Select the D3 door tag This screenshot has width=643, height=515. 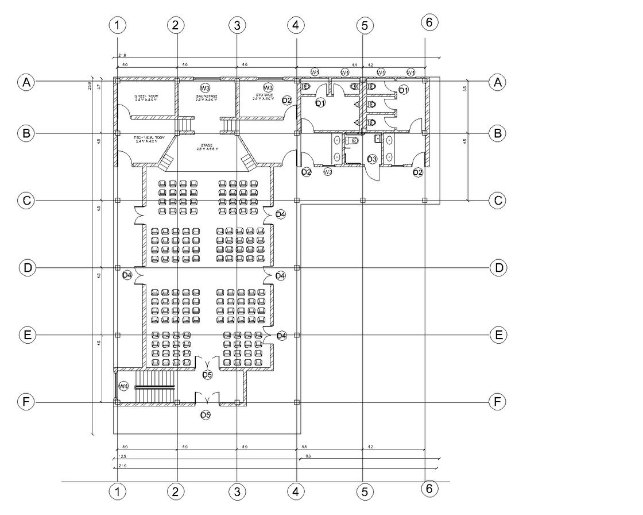[371, 159]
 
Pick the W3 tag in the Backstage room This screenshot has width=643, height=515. [205, 88]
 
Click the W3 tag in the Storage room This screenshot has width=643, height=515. [268, 88]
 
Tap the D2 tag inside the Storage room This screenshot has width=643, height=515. [286, 101]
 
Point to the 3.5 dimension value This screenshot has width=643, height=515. [464, 89]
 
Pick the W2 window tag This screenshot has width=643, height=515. [328, 172]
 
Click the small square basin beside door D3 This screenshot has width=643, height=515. [377, 138]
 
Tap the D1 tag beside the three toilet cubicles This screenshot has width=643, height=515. [403, 90]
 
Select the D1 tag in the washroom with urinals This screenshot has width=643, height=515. [320, 103]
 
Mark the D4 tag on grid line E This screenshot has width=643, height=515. [281, 335]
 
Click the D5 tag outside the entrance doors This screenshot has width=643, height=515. [206, 414]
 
